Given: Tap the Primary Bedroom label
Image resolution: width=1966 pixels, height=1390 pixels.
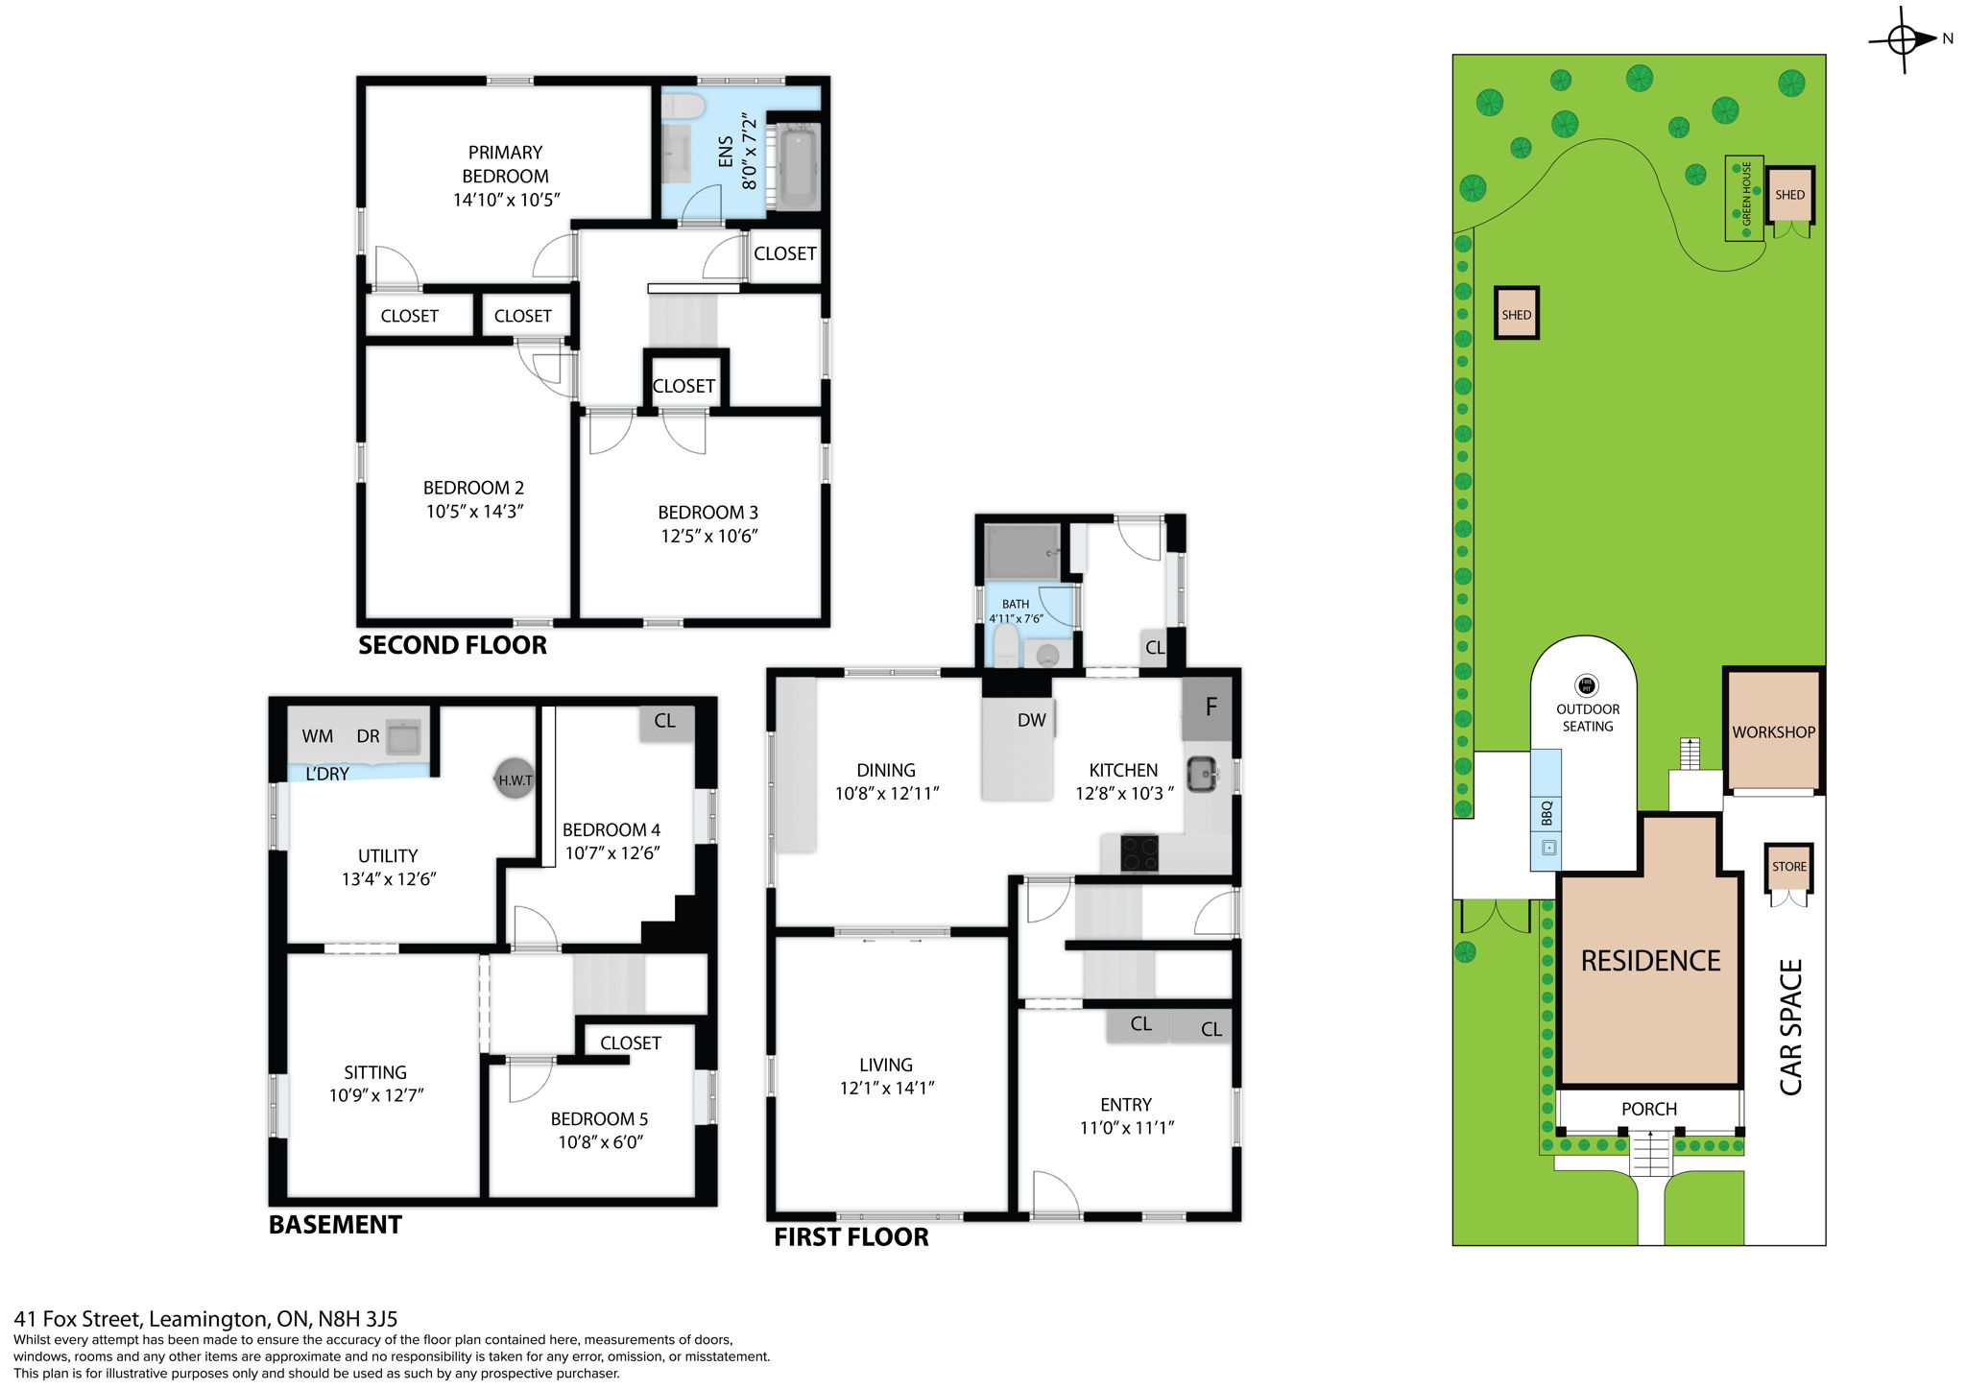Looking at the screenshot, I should (x=505, y=164).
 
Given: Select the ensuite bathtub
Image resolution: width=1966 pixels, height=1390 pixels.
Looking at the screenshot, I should (x=798, y=169).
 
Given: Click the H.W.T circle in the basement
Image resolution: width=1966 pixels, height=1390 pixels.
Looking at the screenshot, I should (x=515, y=779).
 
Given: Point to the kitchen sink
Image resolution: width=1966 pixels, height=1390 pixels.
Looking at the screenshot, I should (x=1201, y=774).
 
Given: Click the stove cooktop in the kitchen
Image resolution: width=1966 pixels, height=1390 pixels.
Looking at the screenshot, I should (x=1139, y=852).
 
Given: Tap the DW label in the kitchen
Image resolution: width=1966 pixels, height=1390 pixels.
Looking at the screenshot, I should (x=1031, y=720).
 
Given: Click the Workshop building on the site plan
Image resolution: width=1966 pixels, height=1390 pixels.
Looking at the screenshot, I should (x=1773, y=731).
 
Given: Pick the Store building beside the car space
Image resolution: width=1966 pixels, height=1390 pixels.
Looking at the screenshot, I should (x=1788, y=866).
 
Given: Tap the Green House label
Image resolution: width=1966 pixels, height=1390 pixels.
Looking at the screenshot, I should (x=1746, y=194).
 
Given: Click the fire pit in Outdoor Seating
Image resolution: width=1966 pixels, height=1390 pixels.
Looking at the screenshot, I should (x=1587, y=684).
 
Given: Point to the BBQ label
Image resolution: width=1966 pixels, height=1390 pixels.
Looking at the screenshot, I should (x=1546, y=813).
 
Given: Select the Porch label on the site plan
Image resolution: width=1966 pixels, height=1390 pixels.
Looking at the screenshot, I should (x=1648, y=1109).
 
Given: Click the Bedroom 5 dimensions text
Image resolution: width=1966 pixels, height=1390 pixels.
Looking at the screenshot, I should (x=600, y=1141).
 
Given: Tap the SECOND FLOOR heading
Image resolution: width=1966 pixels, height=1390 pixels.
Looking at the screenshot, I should (x=452, y=645).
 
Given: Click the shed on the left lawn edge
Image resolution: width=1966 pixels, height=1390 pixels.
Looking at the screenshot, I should (x=1516, y=314).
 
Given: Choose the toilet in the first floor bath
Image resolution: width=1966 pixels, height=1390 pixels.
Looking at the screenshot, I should (x=1005, y=647).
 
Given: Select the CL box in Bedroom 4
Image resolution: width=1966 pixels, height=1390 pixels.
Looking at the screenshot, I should (x=664, y=721).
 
